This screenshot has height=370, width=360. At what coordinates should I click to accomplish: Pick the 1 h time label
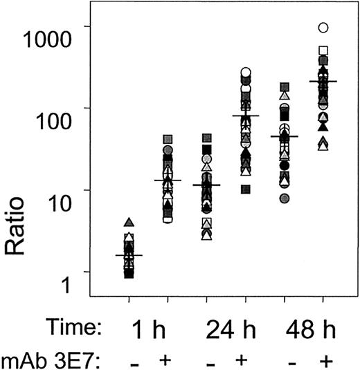(147, 327)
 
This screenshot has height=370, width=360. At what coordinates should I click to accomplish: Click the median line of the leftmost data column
(129, 255)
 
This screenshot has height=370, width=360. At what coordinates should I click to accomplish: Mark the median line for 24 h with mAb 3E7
(245, 116)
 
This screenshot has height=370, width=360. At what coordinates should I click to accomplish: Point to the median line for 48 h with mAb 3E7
(323, 82)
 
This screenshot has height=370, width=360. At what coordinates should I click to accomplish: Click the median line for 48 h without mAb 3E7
(284, 137)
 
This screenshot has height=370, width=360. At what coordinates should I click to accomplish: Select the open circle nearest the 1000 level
(323, 28)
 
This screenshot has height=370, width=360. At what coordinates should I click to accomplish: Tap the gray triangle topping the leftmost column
(129, 223)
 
